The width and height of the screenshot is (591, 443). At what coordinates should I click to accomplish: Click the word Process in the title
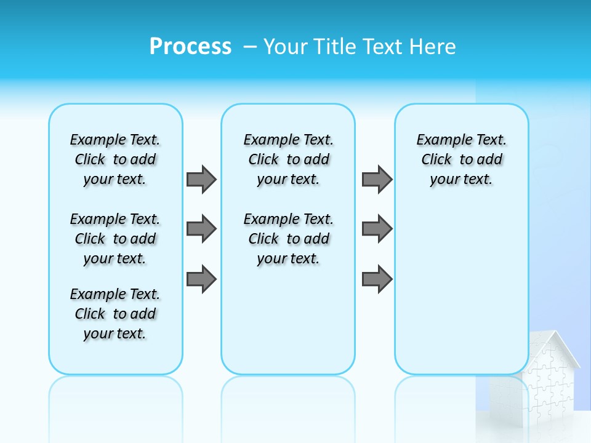[x=190, y=47]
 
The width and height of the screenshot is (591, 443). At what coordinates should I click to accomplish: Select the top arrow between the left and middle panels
[x=201, y=179]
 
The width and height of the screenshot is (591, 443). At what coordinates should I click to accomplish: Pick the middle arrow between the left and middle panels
[x=201, y=229]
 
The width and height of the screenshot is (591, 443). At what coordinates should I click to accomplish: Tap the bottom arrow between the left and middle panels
[x=201, y=279]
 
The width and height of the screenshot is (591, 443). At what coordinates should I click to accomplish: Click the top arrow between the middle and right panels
[x=377, y=179]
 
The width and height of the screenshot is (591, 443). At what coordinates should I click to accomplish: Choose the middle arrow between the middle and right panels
[x=377, y=229]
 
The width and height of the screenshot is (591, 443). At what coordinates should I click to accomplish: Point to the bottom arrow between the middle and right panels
[x=377, y=279]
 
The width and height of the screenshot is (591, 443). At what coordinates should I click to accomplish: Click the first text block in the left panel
[x=115, y=159]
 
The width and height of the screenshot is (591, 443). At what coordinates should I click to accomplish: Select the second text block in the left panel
[x=115, y=239]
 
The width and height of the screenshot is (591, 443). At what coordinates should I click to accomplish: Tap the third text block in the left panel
[x=115, y=314]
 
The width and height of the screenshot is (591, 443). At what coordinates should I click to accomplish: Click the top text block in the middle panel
[x=288, y=159]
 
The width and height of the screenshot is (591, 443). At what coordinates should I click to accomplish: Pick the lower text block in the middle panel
[x=288, y=239]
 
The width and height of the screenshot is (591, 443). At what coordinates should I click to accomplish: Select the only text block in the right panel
[x=461, y=159]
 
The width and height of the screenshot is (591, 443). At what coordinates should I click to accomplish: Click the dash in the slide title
[x=250, y=47]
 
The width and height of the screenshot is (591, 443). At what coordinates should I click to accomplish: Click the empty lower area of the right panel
[x=461, y=289]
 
